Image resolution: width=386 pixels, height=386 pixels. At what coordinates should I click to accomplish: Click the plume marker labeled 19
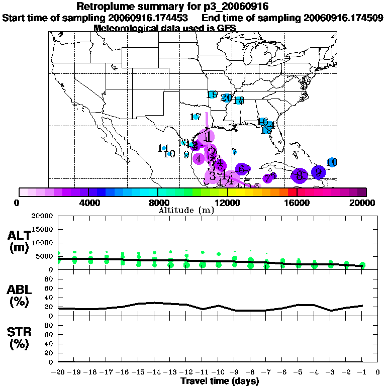(x=212, y=94)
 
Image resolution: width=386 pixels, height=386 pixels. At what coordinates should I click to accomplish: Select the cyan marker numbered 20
(x=226, y=98)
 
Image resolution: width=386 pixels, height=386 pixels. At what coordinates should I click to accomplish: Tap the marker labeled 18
(x=238, y=101)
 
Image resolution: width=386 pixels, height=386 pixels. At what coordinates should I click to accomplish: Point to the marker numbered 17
(x=196, y=117)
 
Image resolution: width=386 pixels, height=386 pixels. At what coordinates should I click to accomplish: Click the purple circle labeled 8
(x=300, y=175)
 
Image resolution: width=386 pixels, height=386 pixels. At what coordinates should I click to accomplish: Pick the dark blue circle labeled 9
(x=318, y=172)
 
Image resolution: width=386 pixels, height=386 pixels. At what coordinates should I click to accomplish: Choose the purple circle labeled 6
(x=243, y=169)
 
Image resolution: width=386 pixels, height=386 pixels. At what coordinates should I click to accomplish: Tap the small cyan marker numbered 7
(x=235, y=151)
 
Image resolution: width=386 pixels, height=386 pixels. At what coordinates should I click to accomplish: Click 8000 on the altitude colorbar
(x=158, y=203)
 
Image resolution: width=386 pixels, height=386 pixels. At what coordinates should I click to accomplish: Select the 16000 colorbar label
(x=297, y=203)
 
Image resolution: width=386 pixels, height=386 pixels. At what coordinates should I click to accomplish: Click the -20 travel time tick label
(x=59, y=372)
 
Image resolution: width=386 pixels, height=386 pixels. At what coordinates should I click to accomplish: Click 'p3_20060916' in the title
(x=226, y=7)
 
